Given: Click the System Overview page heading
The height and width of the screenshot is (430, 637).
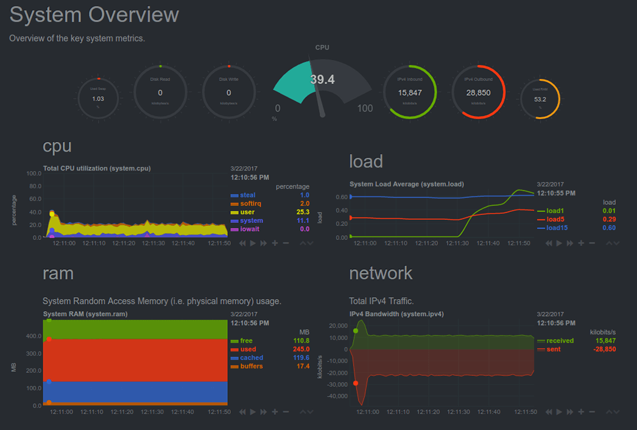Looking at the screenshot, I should tap(94, 15).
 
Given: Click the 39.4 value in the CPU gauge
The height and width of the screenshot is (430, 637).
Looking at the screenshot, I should tap(322, 80).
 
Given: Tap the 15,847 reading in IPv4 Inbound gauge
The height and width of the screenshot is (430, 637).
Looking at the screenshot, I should tap(410, 93).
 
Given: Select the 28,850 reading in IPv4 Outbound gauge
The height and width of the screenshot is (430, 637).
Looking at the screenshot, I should tap(479, 93).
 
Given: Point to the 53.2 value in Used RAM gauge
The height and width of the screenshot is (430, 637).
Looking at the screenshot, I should tap(540, 99).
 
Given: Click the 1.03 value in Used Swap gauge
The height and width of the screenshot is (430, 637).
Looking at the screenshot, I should tap(98, 99).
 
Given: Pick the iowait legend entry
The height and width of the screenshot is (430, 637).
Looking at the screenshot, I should tap(250, 229).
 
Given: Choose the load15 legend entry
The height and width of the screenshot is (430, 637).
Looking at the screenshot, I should tap(557, 228).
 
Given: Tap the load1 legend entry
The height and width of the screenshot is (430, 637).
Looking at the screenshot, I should tap(555, 211).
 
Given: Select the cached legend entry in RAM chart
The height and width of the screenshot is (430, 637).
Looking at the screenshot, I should tap(252, 358).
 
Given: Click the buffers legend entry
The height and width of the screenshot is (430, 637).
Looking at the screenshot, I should tap(252, 366).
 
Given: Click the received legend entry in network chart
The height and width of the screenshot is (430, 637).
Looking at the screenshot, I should tap(560, 340).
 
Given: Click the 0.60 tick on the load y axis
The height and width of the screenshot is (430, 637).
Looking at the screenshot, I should tap(341, 197).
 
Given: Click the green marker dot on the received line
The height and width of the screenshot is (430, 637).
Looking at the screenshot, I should tap(356, 331).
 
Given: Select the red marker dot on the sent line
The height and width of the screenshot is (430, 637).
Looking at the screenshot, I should tap(356, 383).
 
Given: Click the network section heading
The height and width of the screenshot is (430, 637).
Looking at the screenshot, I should tap(381, 273).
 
